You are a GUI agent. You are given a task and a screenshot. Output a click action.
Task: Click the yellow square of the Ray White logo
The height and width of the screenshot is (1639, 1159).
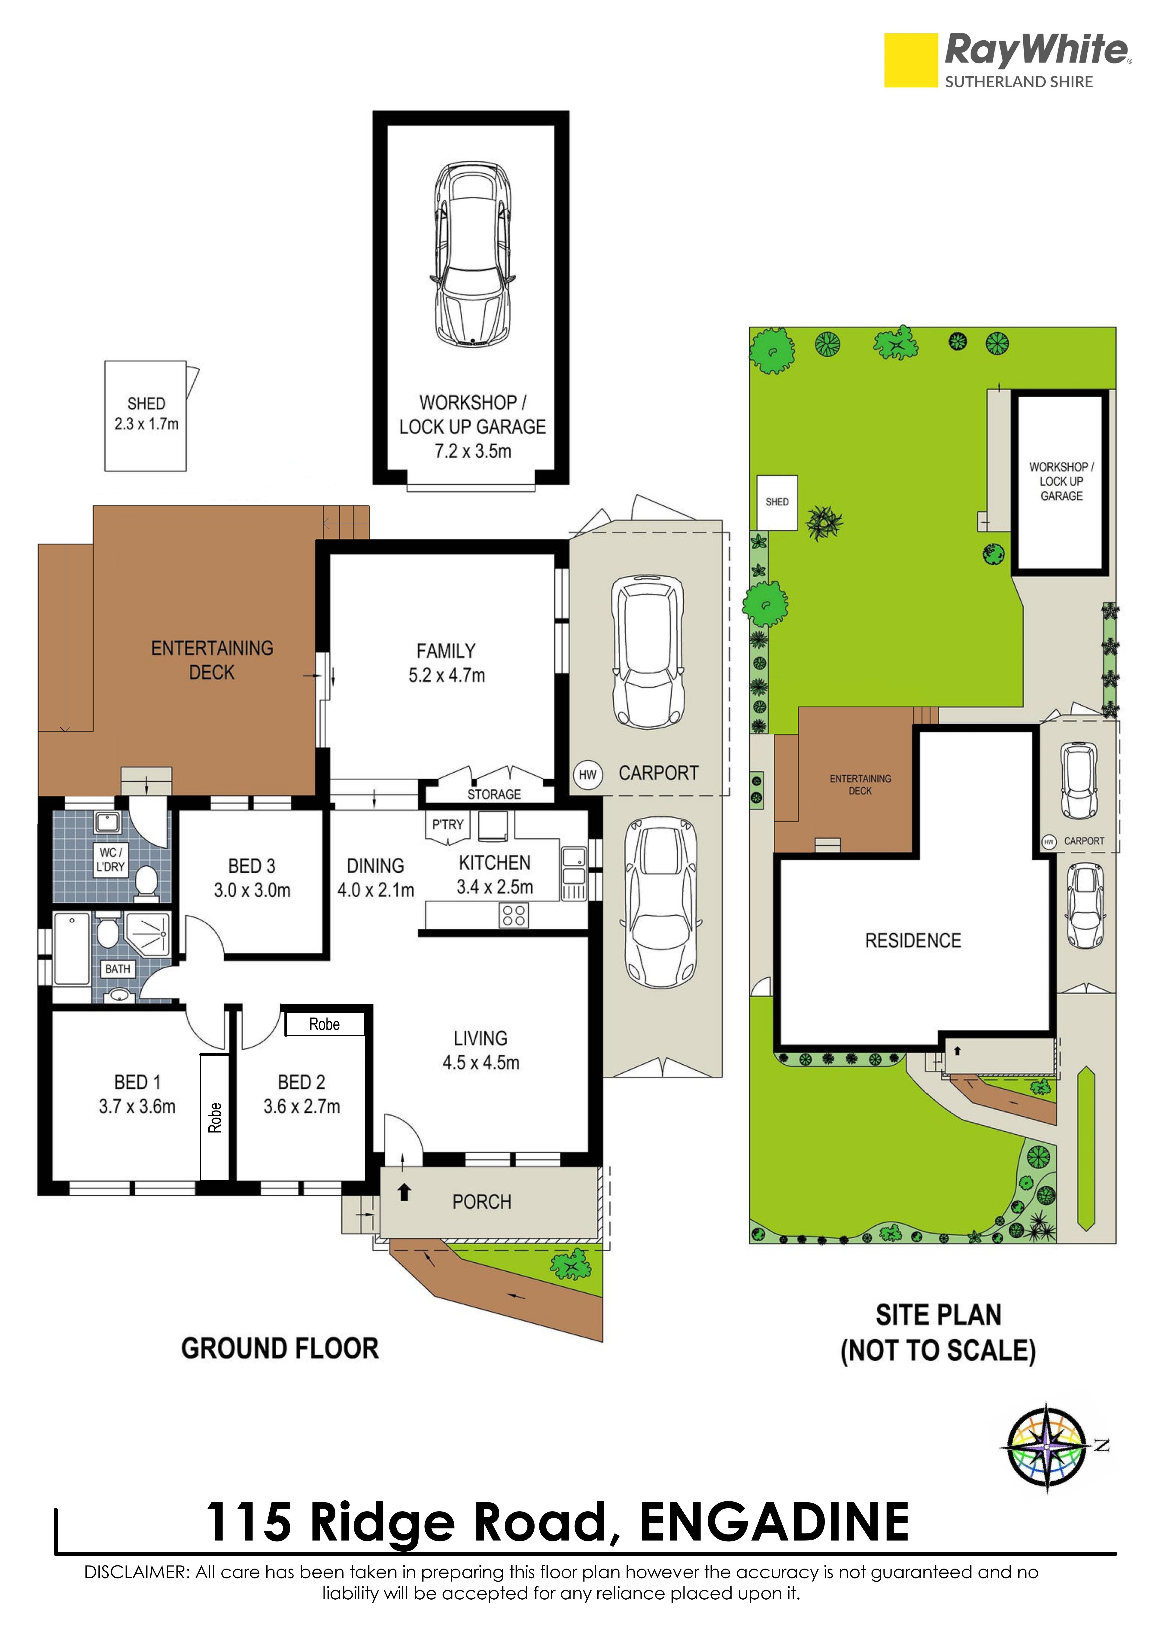point(911,61)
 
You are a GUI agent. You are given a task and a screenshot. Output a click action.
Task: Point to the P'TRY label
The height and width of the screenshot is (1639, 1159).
point(447,824)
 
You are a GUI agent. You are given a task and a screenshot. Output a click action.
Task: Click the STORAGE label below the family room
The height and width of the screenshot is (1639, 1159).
point(494,795)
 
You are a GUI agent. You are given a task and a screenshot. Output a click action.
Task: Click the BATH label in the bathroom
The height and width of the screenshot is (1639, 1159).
point(118,969)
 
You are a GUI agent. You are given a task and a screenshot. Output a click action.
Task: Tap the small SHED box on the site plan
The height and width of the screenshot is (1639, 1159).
point(777,503)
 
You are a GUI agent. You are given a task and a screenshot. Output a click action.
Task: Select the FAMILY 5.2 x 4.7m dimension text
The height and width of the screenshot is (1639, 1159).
point(446,663)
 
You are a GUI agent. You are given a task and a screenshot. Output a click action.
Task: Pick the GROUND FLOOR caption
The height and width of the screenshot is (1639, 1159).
point(280,1349)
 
